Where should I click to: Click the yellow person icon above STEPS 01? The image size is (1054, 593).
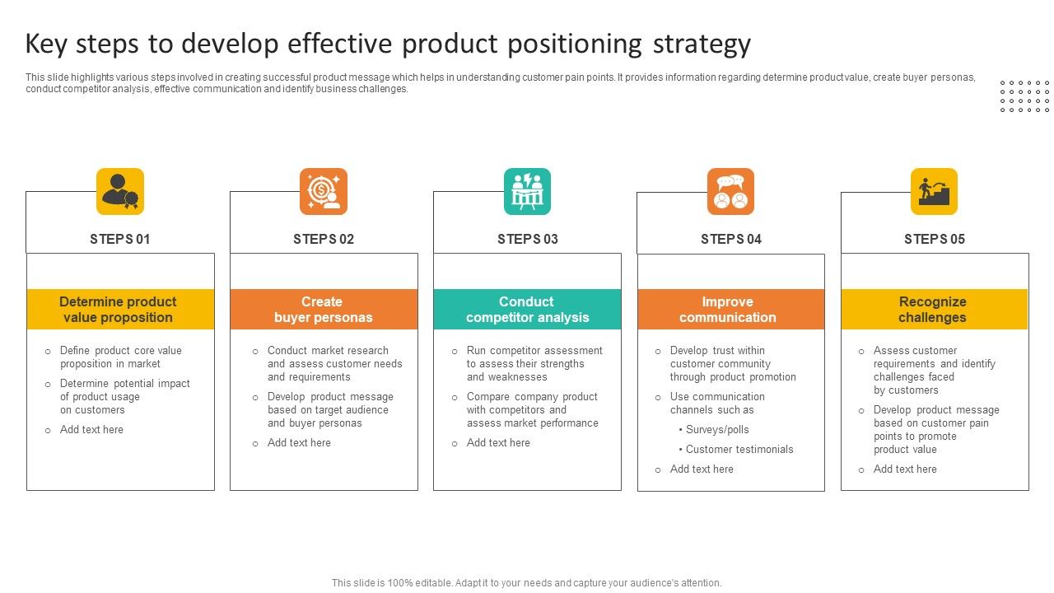[x=120, y=191]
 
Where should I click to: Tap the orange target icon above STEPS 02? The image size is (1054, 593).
[x=324, y=191]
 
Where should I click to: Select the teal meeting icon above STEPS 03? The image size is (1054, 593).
[x=527, y=191]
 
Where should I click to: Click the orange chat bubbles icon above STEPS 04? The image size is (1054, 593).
[x=730, y=191]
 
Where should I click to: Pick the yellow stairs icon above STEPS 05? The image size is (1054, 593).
[x=934, y=191]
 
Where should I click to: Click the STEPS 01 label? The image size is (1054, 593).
[x=120, y=239]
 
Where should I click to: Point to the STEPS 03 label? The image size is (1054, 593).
[x=527, y=239]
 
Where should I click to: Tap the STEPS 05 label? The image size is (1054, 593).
[x=934, y=239]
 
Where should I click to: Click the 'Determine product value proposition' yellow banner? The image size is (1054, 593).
[x=120, y=309]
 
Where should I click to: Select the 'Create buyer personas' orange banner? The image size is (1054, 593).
[x=324, y=309]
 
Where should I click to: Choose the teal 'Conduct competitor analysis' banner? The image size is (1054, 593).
[x=527, y=309]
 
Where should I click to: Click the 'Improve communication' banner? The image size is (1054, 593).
[x=730, y=309]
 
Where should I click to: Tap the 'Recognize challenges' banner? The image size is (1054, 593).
[x=934, y=309]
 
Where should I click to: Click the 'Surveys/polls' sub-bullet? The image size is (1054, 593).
[x=716, y=429]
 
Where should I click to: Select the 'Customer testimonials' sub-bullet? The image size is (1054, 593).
[x=739, y=449]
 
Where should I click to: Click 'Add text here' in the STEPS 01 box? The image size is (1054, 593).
[x=91, y=429]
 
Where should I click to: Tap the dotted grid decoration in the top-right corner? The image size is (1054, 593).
[x=1024, y=96]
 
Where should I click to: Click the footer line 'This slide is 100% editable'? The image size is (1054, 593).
[x=526, y=582]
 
